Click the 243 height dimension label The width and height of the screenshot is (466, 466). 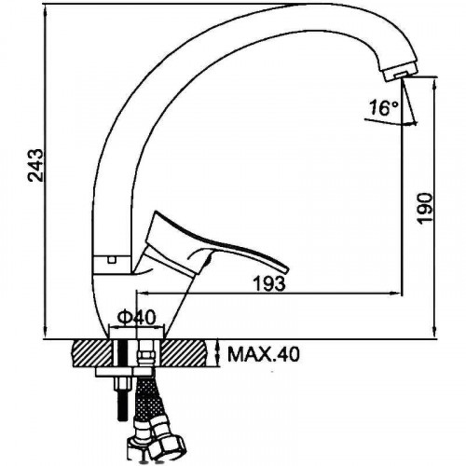[35, 165]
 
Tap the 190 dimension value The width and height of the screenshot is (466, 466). [425, 208]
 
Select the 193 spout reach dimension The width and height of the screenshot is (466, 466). [269, 283]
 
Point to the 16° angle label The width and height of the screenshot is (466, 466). [383, 108]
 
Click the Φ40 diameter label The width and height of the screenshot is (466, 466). [136, 318]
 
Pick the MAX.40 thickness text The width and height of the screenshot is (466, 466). [264, 354]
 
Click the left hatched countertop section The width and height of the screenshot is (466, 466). [91, 353]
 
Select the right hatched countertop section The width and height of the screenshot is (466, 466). [184, 353]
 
